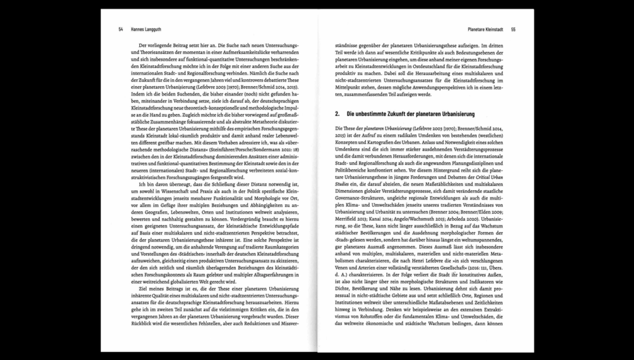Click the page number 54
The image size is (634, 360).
tap(121, 29)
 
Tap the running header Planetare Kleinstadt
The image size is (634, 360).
tap(485, 29)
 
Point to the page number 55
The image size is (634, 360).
tap(513, 29)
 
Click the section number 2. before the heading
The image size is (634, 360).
tap(337, 115)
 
